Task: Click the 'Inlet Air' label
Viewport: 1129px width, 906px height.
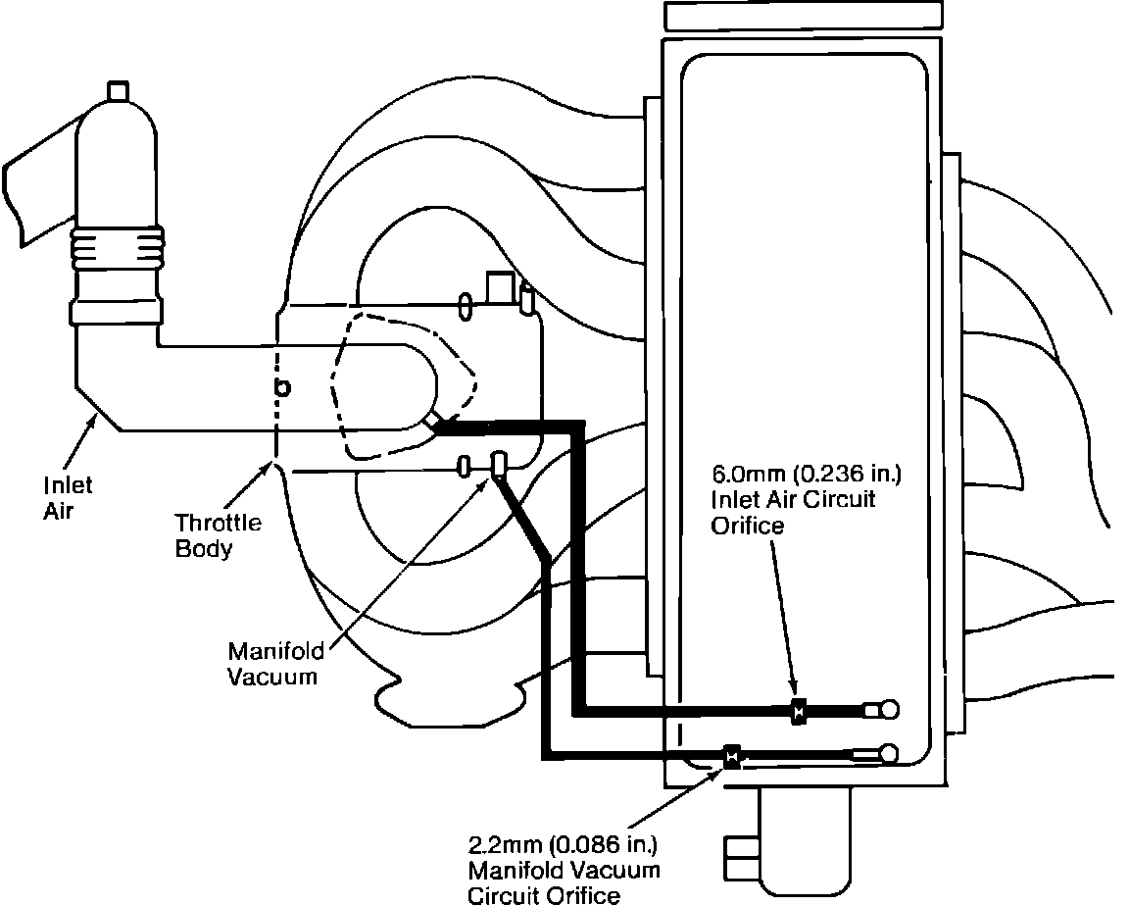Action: click(68, 498)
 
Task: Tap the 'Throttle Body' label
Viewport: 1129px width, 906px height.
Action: click(219, 535)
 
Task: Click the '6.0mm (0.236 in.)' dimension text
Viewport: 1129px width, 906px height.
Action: click(807, 474)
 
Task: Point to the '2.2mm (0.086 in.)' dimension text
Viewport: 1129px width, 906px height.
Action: click(564, 844)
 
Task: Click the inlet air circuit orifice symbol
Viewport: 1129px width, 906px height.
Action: click(797, 712)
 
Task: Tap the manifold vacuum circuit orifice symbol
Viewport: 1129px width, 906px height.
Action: click(731, 755)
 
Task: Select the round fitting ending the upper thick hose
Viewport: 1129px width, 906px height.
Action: click(890, 710)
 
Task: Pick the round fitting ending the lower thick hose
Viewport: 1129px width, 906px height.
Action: click(890, 754)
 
